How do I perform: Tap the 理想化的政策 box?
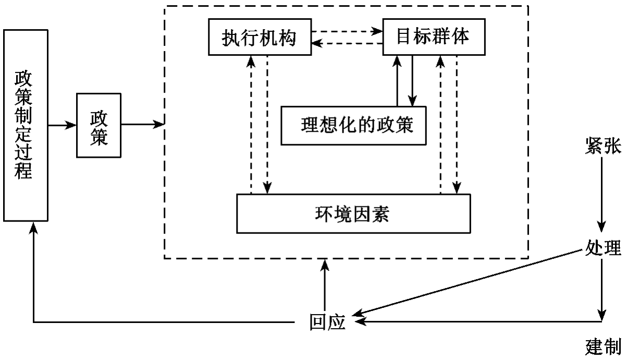click(x=353, y=126)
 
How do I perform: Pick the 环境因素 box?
click(x=353, y=214)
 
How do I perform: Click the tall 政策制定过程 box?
click(x=26, y=125)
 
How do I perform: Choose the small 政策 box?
click(x=99, y=125)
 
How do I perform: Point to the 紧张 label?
click(x=603, y=147)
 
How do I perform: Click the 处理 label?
click(x=603, y=248)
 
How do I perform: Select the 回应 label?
click(x=327, y=322)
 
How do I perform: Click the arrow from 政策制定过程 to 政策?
click(x=62, y=125)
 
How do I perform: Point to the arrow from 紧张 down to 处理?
click(x=602, y=193)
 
